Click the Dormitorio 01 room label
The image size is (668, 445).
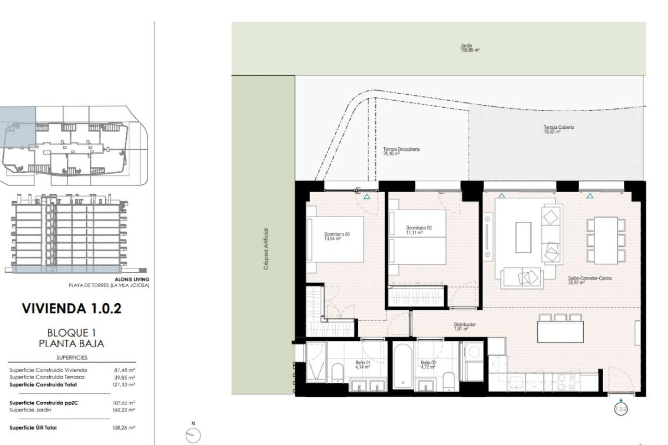coord(336,236)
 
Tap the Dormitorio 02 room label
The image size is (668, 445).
coord(419,230)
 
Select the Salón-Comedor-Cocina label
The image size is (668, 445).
coord(589,280)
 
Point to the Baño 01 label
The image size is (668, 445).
coord(363,364)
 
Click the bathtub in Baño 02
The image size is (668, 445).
coord(403,366)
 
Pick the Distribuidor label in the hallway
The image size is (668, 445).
coord(464,326)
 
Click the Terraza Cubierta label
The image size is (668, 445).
coord(558,129)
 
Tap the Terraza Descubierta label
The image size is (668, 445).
coord(401,151)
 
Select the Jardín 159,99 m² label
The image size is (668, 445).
coord(469,48)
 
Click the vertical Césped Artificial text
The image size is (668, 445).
coord(266,249)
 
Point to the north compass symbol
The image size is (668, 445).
coord(193,434)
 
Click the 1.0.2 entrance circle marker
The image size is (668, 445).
coord(621,409)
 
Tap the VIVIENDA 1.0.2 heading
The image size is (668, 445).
coord(72,308)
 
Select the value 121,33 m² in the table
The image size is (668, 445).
coord(124,385)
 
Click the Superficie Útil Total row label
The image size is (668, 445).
coord(33,428)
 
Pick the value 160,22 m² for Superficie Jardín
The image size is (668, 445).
coord(124,410)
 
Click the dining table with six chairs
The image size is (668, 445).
coord(606,240)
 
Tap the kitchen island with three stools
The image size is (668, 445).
coord(560,331)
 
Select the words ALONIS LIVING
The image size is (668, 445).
coord(132,279)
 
